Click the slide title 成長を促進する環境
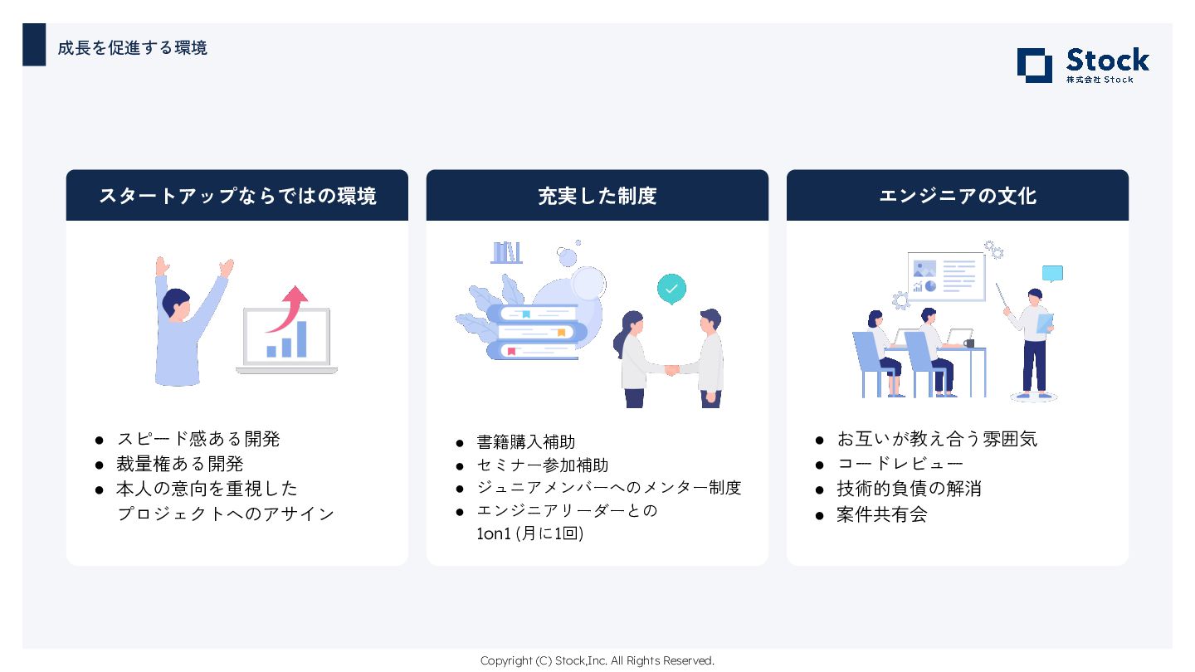click(132, 48)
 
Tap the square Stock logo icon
click(1034, 66)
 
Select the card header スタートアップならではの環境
click(237, 196)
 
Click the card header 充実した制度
click(597, 196)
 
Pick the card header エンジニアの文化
click(957, 196)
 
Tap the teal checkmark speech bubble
click(671, 289)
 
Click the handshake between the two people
click(671, 369)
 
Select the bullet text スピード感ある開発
click(198, 439)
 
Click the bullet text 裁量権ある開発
click(180, 464)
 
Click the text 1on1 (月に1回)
click(529, 533)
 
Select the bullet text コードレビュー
click(900, 464)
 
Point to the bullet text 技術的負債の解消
click(909, 489)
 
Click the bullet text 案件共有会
click(881, 514)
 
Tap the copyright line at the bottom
click(597, 660)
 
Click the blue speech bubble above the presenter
click(1052, 274)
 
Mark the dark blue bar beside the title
click(34, 45)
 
